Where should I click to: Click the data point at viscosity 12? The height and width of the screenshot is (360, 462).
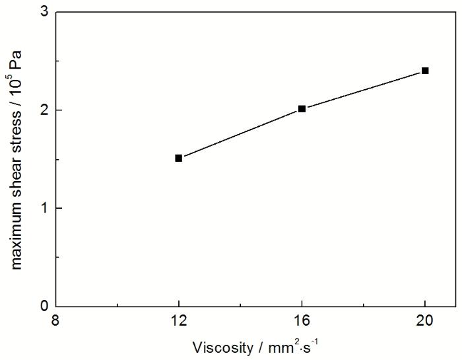pyautogui.click(x=178, y=158)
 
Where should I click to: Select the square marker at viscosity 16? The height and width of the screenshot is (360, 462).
pyautogui.click(x=302, y=108)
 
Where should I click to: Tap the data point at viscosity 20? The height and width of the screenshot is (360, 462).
pyautogui.click(x=425, y=70)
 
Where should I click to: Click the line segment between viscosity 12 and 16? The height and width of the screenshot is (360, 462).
pyautogui.click(x=240, y=133)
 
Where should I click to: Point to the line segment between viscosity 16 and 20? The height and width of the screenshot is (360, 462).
pyautogui.click(x=363, y=89)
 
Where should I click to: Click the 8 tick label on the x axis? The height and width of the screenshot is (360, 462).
pyautogui.click(x=55, y=321)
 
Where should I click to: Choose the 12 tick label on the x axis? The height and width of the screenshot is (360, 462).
pyautogui.click(x=178, y=321)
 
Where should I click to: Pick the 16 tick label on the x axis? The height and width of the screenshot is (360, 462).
pyautogui.click(x=302, y=321)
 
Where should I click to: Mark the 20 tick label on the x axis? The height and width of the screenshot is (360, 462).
pyautogui.click(x=425, y=321)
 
